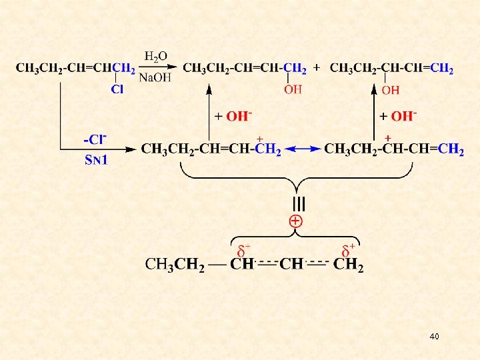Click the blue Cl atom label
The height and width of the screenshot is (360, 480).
pos(117,89)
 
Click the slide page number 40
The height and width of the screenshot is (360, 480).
pos(435,337)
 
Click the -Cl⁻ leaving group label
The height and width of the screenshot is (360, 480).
pos(95,140)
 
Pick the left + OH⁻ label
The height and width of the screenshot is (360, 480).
pos(233,116)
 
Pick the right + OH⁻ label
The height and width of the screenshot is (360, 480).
pos(398,116)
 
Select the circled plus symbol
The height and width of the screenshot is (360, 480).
pos(296,221)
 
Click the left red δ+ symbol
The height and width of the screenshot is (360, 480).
pos(243,251)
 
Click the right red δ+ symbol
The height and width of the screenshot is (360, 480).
pos(348,251)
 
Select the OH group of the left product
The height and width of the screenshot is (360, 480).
pos(293,89)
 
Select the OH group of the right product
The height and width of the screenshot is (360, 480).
pos(391,89)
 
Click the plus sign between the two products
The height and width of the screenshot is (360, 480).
pos(316,68)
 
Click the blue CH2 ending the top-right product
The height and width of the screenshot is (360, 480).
pos(442,68)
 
